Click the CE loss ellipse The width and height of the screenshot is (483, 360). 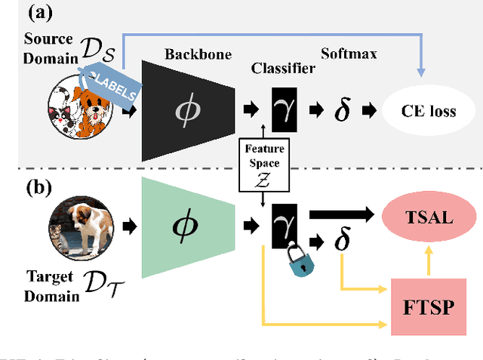click(429, 112)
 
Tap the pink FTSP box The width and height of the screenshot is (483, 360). click(429, 307)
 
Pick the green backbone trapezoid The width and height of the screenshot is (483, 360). click(186, 225)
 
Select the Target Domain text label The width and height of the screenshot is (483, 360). click(48, 286)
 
